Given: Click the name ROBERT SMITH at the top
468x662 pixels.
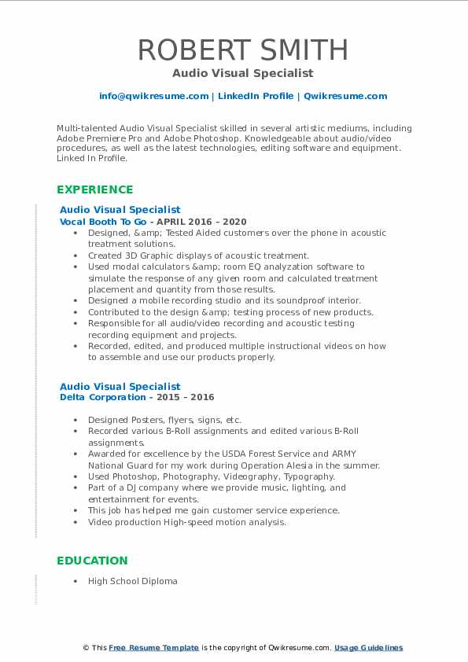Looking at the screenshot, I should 243,50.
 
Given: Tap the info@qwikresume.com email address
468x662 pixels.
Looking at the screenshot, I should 153,96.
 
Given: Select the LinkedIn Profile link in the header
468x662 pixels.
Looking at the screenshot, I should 256,96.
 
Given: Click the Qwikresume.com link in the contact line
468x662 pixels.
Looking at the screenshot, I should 345,96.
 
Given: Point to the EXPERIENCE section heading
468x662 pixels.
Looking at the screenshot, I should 95,189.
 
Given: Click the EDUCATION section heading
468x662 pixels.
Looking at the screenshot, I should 92,561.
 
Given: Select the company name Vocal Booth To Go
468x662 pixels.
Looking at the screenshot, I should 103,222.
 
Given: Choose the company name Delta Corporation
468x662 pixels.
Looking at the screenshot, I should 103,397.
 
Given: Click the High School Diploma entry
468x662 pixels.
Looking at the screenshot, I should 132,581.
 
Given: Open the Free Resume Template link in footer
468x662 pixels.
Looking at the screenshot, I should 154,648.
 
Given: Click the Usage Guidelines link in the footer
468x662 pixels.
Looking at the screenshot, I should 368,648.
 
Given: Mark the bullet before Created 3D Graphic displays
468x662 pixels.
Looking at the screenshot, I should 75,256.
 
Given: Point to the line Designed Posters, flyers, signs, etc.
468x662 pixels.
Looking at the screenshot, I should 164,420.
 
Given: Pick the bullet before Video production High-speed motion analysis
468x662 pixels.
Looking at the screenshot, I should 75,521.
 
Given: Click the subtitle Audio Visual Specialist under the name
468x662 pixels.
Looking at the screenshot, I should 243,73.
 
